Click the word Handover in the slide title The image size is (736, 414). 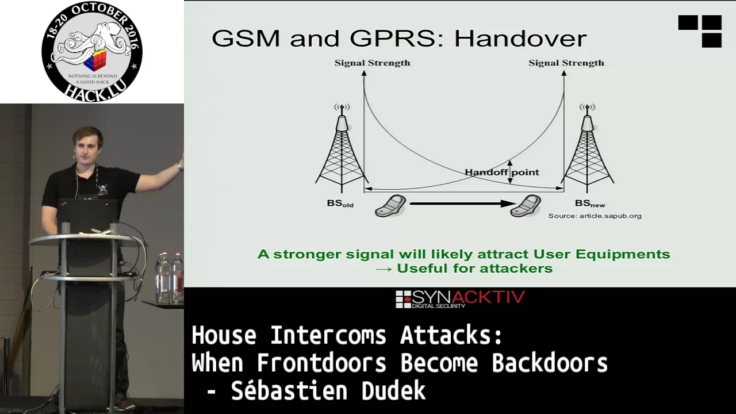pyautogui.click(x=520, y=39)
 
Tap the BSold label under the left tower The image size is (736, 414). pyautogui.click(x=340, y=204)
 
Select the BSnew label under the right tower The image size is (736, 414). pyautogui.click(x=590, y=204)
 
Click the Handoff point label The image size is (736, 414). pyautogui.click(x=502, y=172)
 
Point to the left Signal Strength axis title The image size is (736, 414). pyautogui.click(x=372, y=63)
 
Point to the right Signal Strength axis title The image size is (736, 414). pyautogui.click(x=566, y=63)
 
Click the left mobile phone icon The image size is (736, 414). pyautogui.click(x=390, y=206)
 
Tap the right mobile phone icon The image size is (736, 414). pyautogui.click(x=526, y=206)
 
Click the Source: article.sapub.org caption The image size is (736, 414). pyautogui.click(x=595, y=216)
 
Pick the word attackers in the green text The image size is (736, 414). pyautogui.click(x=516, y=269)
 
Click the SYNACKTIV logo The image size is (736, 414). pyautogui.click(x=460, y=299)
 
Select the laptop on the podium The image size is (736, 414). pyautogui.click(x=88, y=215)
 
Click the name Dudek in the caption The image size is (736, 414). pyautogui.click(x=394, y=390)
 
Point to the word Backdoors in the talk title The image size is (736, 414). pyautogui.click(x=550, y=363)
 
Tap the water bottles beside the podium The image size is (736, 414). pyautogui.click(x=170, y=278)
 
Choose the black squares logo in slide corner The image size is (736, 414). pyautogui.click(x=700, y=31)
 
